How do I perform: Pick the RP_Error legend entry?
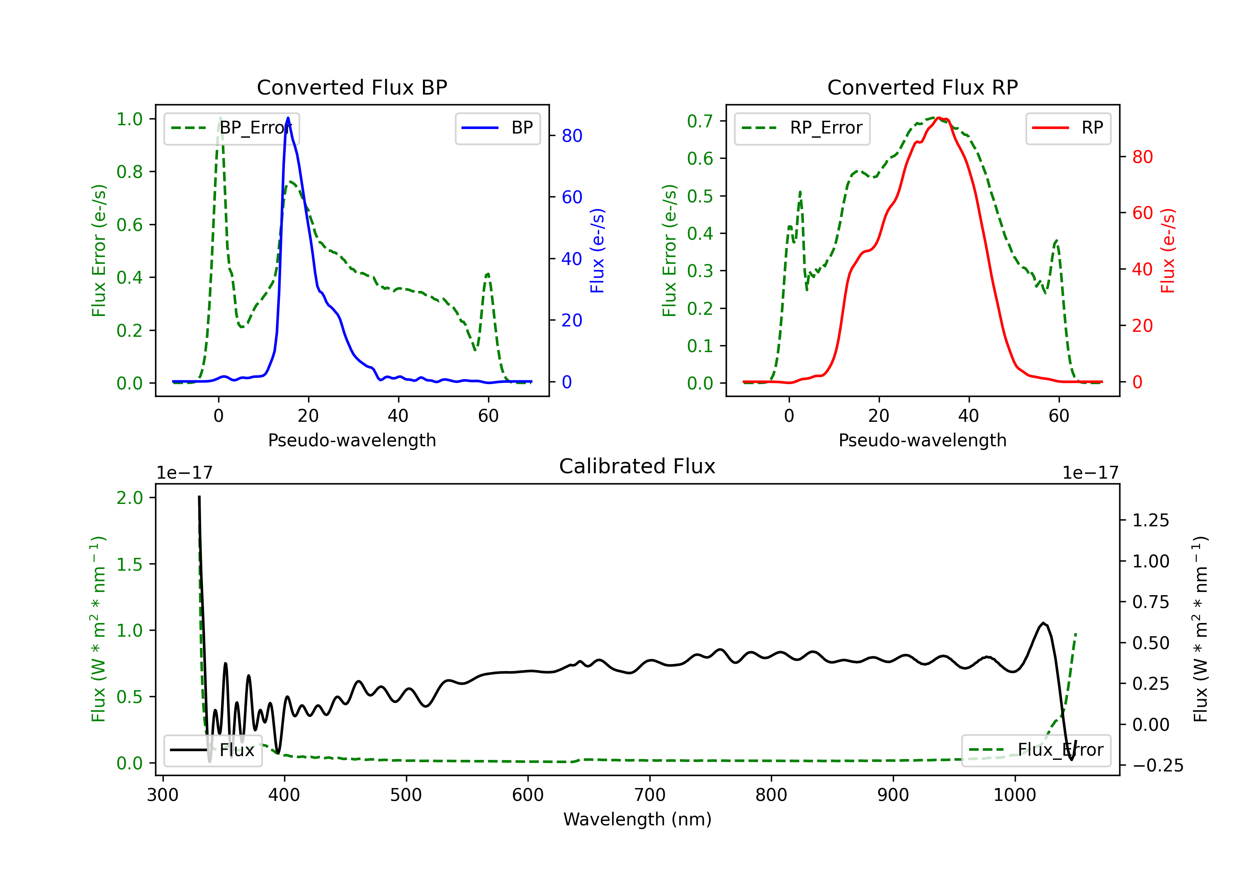coord(802,128)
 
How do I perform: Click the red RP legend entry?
coord(1068,128)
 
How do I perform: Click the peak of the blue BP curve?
coord(288,118)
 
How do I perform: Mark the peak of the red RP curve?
coord(938,118)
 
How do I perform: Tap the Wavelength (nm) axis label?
coord(637,819)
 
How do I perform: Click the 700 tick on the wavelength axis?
coord(650,795)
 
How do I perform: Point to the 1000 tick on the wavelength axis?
coord(1015,795)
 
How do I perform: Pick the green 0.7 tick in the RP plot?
coord(700,121)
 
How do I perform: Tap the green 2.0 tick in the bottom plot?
coord(129,498)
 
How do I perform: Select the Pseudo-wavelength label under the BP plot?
coord(352,440)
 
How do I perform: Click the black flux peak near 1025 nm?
coord(1043,623)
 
